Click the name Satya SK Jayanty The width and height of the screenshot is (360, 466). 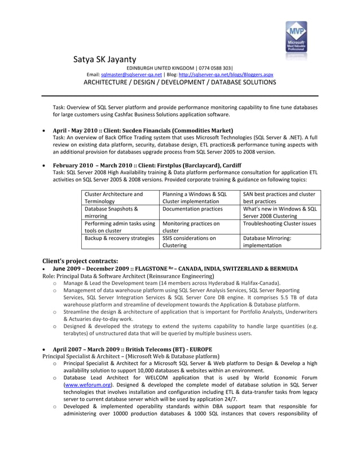point(104,59)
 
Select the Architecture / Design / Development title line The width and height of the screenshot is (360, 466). point(179,82)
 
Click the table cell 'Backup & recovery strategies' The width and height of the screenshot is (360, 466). point(119,238)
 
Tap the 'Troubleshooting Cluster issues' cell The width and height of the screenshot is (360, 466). point(279,223)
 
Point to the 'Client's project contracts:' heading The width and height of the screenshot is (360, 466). point(81,261)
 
